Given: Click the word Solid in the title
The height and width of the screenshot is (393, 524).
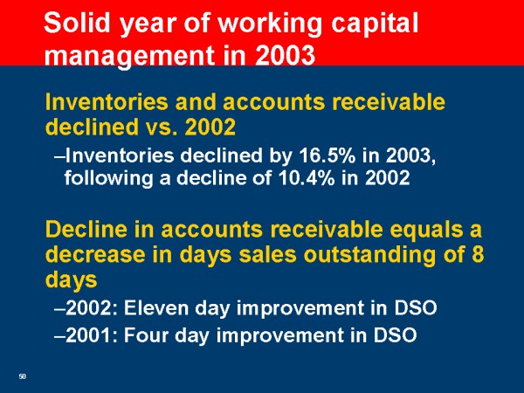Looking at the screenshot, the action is click(x=77, y=23).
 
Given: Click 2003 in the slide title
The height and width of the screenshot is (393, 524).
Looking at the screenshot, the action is click(x=285, y=54).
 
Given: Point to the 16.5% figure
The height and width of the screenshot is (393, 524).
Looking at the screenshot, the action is click(x=327, y=155).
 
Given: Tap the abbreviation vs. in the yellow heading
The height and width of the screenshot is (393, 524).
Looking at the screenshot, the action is click(x=161, y=128).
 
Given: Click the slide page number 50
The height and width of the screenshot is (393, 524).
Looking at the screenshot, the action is click(x=23, y=376).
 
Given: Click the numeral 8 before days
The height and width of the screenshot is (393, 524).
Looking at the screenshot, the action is click(x=478, y=253).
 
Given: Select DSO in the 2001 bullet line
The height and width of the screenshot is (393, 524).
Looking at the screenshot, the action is click(x=395, y=334).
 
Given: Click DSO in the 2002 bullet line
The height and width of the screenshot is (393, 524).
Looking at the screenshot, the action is click(x=416, y=307).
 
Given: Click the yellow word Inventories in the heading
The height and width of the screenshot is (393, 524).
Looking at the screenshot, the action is click(x=107, y=101).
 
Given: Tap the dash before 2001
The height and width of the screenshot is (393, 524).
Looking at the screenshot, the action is click(x=59, y=335).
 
